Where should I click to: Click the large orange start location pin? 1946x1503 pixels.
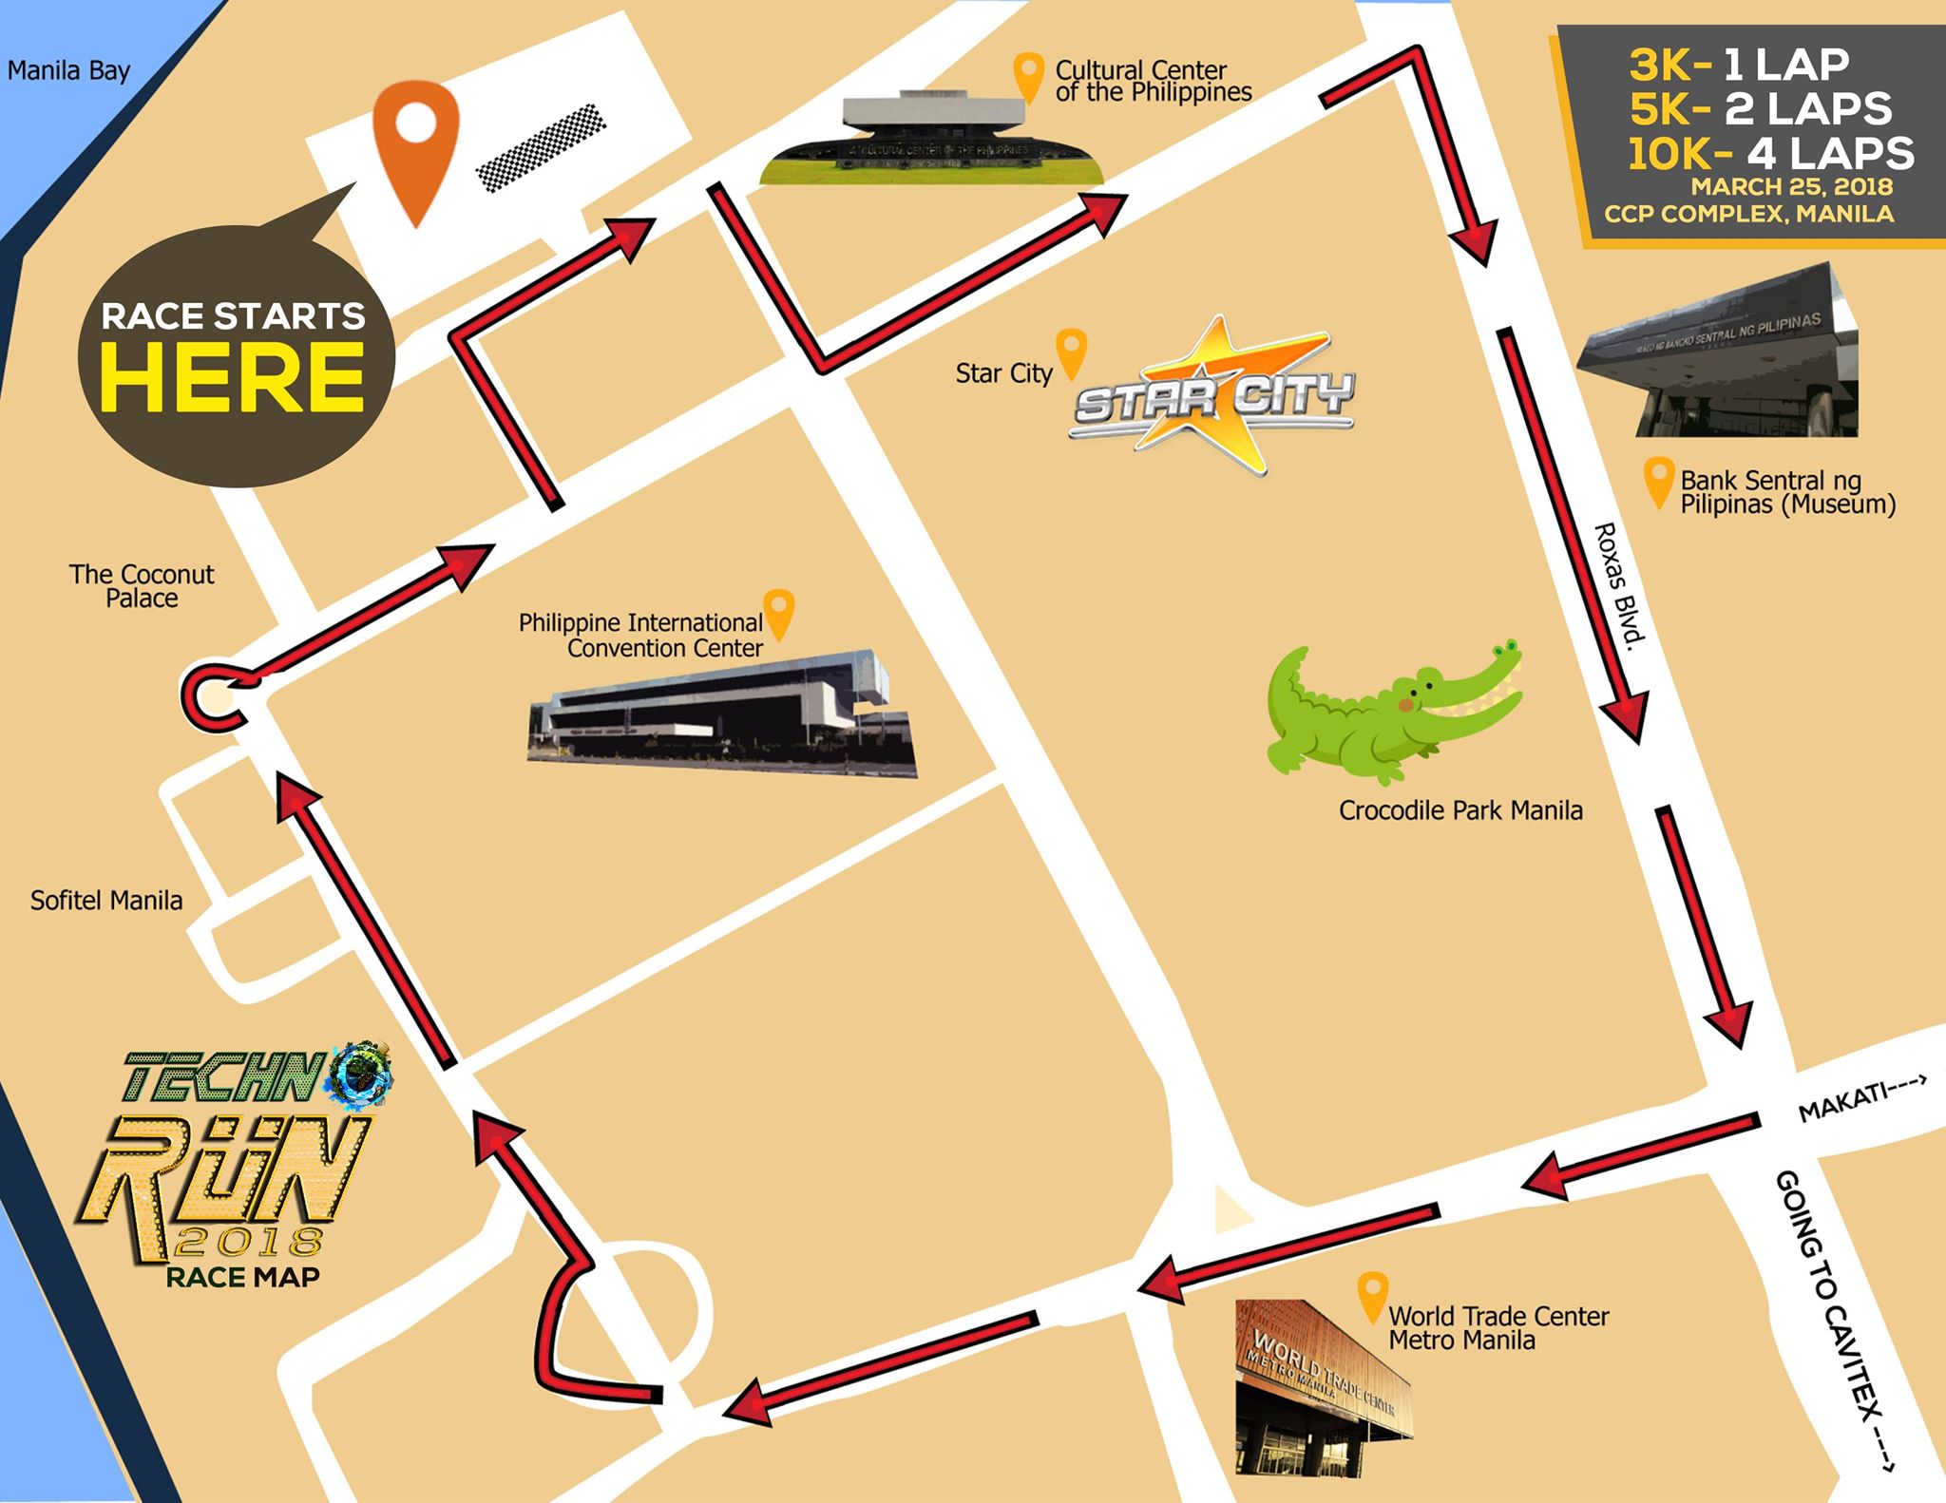pos(416,143)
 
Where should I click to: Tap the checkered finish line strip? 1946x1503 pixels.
pos(541,147)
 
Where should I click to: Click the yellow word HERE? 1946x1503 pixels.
pos(233,377)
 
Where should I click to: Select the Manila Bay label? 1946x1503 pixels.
pos(68,71)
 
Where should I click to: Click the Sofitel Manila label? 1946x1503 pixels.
pos(106,901)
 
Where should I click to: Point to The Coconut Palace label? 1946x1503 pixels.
pos(142,586)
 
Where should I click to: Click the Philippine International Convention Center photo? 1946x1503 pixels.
pos(722,713)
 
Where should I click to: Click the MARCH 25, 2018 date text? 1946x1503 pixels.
pos(1791,187)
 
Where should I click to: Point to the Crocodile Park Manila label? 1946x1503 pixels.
pos(1460,810)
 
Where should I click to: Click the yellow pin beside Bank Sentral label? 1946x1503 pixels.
pos(1658,481)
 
